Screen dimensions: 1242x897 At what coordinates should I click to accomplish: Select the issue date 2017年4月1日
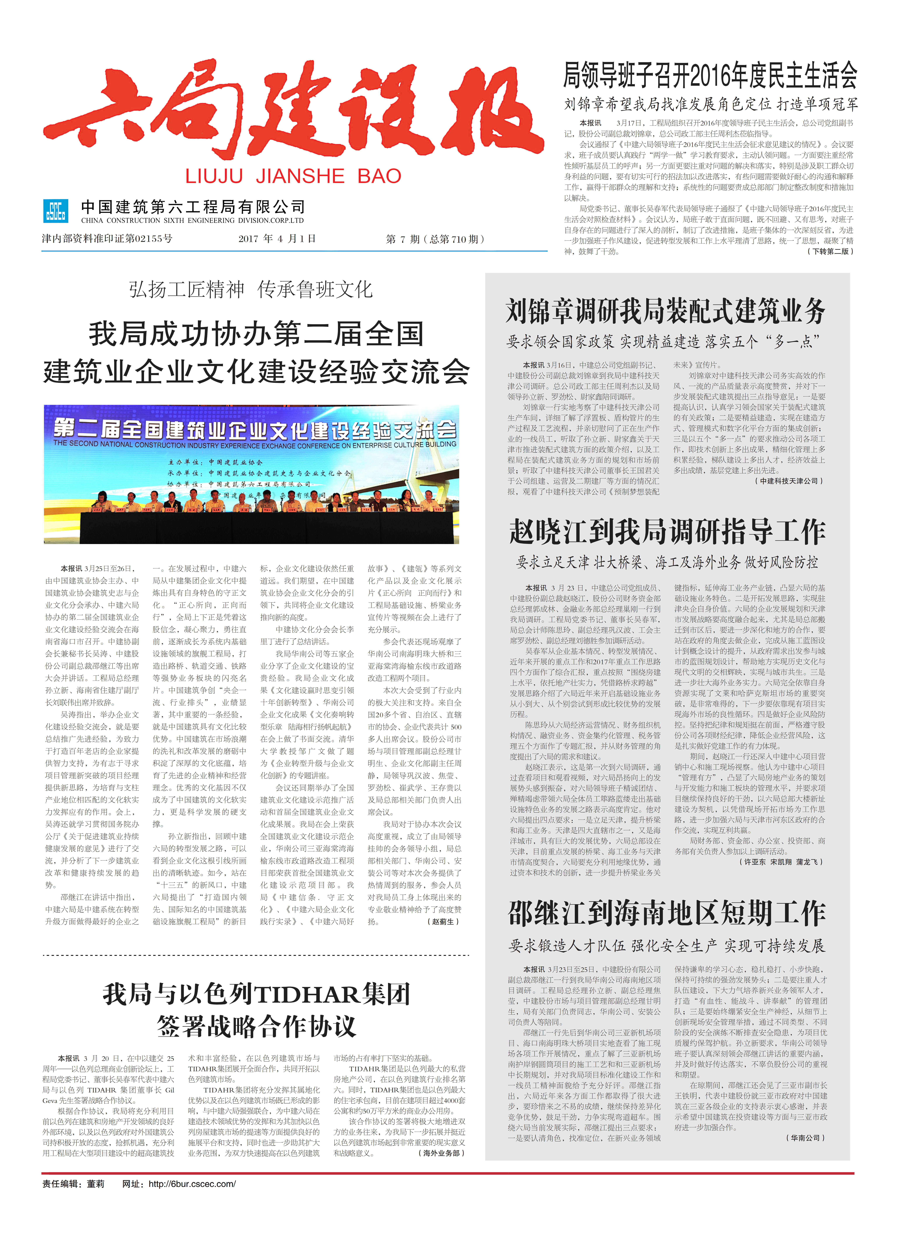277,239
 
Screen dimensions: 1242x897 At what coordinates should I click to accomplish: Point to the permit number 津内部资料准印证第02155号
107,239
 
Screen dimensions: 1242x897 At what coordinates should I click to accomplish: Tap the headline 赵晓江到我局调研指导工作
667,532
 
